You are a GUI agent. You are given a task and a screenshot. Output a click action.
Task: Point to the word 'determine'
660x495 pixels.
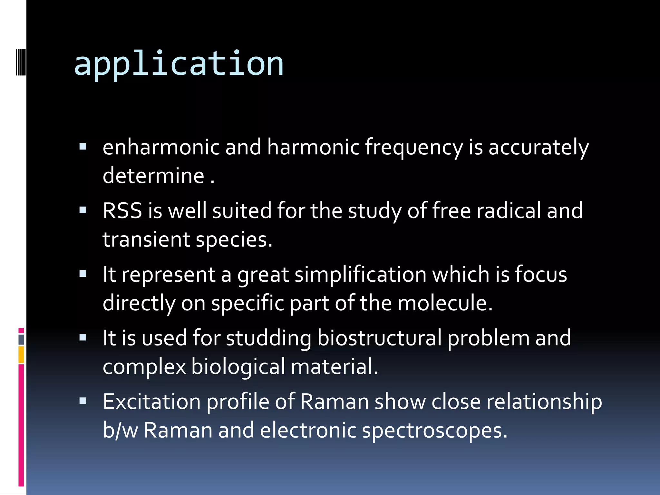point(153,176)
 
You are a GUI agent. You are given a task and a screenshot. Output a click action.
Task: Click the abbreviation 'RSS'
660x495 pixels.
point(122,211)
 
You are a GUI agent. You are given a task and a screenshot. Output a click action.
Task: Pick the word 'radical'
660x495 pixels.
point(509,211)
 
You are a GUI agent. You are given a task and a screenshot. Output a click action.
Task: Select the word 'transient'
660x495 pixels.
point(146,240)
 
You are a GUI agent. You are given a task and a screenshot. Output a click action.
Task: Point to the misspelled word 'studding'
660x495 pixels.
point(269,338)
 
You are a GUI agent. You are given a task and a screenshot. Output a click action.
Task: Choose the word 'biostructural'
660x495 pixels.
point(379,338)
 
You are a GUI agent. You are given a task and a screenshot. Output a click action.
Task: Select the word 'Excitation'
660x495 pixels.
point(152,402)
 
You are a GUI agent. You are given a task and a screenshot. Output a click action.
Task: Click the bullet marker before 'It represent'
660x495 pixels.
point(83,274)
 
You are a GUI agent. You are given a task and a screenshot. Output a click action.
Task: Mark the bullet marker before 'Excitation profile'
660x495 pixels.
point(83,401)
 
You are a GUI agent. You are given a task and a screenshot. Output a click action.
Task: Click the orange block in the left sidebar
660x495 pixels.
point(21,354)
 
